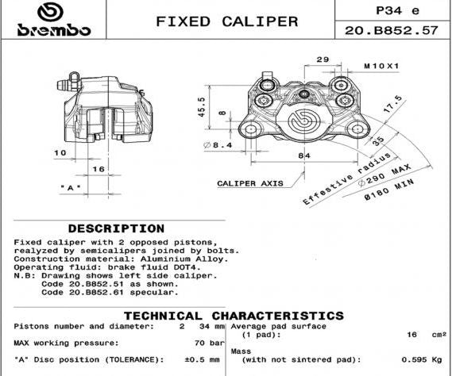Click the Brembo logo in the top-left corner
pos(54,20)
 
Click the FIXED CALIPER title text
pos(227,21)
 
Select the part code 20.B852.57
pos(391,30)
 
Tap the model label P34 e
pos(397,10)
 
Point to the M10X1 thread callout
pos(381,66)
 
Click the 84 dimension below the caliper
pos(304,155)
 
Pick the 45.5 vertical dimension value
pos(202,107)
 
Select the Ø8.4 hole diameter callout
pos(218,145)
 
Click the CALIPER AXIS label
pos(250,183)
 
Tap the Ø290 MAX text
pos(384,175)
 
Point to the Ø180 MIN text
pos(389,190)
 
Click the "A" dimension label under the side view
pos(71,188)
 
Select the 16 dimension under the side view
pos(99,169)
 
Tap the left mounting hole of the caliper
pos(251,129)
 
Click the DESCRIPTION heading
pos(116,228)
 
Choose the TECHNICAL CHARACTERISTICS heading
pos(234,316)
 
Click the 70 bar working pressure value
pos(209,343)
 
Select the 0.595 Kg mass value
pos(422,359)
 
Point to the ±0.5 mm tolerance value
pos(202,359)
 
